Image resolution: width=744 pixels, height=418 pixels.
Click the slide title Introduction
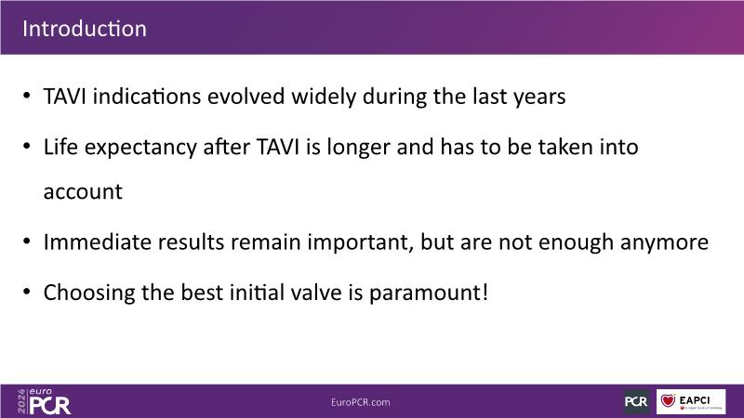[x=85, y=29]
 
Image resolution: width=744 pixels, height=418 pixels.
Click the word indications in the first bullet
[x=147, y=97]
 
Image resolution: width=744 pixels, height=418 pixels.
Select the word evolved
[x=246, y=97]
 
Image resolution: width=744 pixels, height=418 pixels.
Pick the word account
[x=83, y=192]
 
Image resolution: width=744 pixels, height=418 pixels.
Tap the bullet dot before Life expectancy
[x=27, y=147]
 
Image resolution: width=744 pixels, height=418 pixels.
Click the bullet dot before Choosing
[x=27, y=292]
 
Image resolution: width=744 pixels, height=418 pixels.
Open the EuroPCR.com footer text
[x=361, y=402]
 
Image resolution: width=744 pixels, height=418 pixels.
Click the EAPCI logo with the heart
[x=691, y=401]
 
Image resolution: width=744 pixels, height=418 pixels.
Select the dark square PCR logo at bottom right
[x=636, y=401]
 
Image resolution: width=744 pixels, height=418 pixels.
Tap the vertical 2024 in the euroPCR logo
[x=21, y=401]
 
